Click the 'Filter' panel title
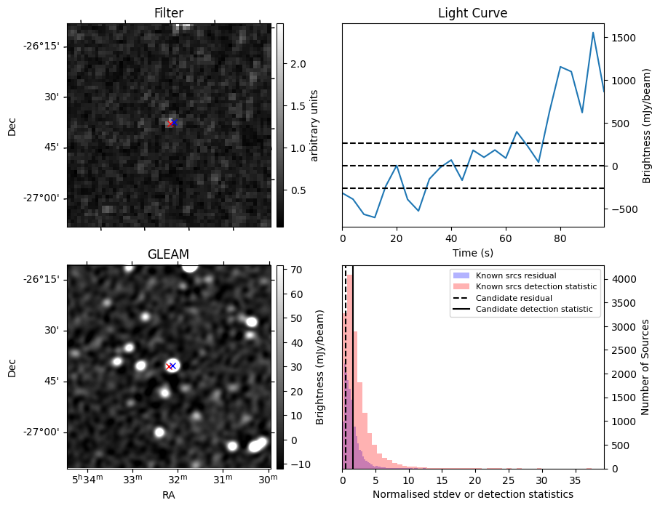click(169, 13)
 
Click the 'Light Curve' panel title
click(472, 13)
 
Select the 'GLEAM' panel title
click(169, 254)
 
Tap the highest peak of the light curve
click(593, 33)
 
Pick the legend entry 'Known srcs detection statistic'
click(536, 286)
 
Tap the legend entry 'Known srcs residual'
click(515, 275)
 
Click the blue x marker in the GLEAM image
click(173, 366)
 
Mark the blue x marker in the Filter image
click(174, 123)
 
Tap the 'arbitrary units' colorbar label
click(314, 125)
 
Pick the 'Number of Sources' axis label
click(644, 367)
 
